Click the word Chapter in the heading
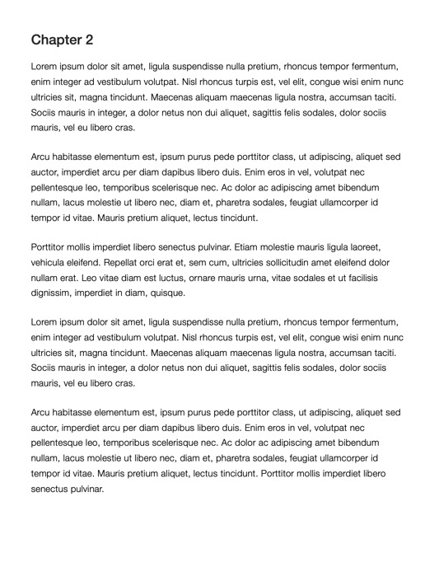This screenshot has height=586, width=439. click(56, 40)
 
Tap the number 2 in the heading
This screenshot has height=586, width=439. click(89, 40)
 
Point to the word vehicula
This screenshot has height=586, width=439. click(52, 261)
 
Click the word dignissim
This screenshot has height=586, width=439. click(55, 293)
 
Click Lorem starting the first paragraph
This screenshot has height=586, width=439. click(46, 66)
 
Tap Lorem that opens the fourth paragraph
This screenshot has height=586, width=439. click(46, 322)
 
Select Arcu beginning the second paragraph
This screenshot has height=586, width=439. click(43, 157)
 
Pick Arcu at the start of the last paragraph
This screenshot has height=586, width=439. click(43, 413)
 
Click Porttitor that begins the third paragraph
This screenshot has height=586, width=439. click(51, 246)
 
